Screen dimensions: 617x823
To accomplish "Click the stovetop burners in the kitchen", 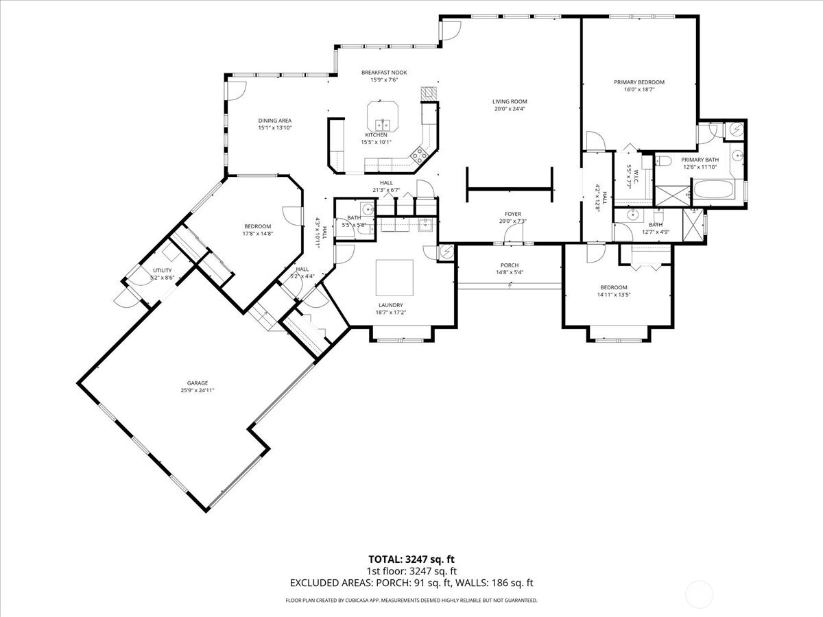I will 418,154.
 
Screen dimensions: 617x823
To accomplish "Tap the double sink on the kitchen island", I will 382,125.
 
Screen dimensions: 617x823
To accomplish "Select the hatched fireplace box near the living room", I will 429,93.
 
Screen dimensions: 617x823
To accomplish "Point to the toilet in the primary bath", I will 664,161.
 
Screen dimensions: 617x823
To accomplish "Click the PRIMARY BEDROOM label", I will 639,82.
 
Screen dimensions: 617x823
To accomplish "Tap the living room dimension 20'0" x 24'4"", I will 509,109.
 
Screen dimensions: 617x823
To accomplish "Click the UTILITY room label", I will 162,271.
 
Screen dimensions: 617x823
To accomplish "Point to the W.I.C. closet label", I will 629,176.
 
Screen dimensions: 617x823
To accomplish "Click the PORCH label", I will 509,265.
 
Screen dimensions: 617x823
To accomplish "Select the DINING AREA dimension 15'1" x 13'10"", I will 275,128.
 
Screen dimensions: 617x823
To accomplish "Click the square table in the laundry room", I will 394,276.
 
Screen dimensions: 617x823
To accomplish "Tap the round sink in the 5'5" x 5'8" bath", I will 368,210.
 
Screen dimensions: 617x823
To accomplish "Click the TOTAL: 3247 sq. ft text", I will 411,559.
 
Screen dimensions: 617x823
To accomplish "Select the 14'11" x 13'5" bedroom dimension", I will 613,295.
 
